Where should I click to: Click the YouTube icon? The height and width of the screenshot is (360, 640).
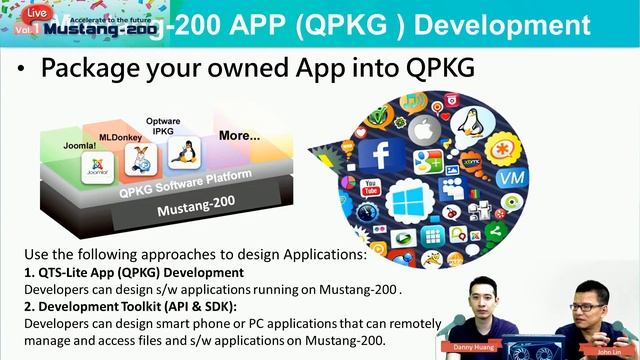(371, 187)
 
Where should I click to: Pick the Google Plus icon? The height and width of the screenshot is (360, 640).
(429, 161)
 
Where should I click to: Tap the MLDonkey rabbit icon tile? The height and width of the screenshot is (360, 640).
(142, 159)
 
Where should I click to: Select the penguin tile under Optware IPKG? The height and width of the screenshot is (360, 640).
(184, 152)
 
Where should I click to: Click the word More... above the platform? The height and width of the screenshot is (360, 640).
(239, 134)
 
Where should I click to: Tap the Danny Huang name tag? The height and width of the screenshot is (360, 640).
(472, 346)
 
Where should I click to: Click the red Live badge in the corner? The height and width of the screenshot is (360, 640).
(36, 13)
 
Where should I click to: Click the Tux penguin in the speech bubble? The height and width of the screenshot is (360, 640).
(467, 124)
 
